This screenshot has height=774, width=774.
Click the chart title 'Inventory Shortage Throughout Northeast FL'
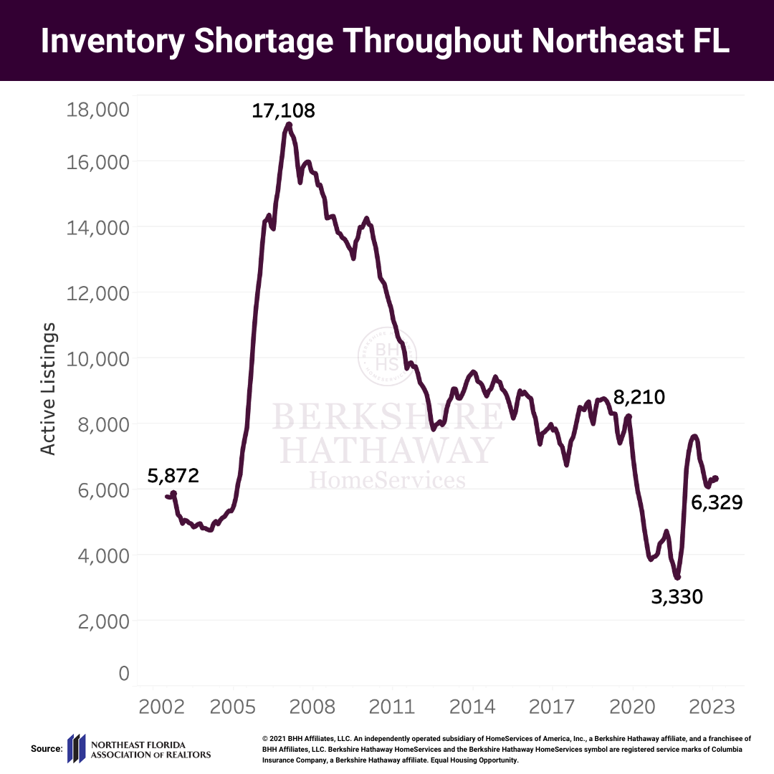point(386,41)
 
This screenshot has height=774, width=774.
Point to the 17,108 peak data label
point(283,111)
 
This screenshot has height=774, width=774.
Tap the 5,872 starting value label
point(173,476)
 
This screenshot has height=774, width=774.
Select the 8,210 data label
point(639,397)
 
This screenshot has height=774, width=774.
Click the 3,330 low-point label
point(677,596)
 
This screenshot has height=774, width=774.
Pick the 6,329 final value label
point(716,503)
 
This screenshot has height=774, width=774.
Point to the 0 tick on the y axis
point(123,673)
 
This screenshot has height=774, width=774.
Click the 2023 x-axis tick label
point(712,707)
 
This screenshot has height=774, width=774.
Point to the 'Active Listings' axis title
point(48,388)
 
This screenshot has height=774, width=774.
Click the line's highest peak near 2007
point(289,125)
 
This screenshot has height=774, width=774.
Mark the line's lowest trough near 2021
point(677,577)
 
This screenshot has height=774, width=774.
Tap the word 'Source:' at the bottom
point(47,749)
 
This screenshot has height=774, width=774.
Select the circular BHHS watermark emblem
point(387,355)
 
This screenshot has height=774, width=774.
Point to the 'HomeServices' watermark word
point(387,479)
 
